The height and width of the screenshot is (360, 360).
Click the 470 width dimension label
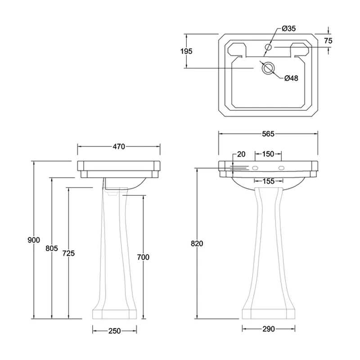click(119, 146)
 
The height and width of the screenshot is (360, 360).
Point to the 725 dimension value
click(68, 253)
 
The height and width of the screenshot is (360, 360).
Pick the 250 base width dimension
click(115, 331)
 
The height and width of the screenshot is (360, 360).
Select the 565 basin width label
click(268, 134)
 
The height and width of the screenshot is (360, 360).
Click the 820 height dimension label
click(197, 243)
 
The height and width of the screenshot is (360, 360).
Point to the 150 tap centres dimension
click(268, 154)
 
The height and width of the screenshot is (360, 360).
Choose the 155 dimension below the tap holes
click(268, 181)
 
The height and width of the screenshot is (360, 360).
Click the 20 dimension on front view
click(241, 154)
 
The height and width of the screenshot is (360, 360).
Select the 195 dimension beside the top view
click(186, 51)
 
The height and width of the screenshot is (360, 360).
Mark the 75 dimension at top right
click(328, 40)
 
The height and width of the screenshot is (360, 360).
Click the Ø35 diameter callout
click(288, 29)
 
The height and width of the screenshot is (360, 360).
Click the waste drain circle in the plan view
click(268, 68)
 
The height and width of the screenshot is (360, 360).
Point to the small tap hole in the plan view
click(268, 47)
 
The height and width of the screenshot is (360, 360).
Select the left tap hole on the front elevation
click(255, 168)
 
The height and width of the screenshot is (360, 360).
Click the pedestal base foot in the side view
click(115, 314)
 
